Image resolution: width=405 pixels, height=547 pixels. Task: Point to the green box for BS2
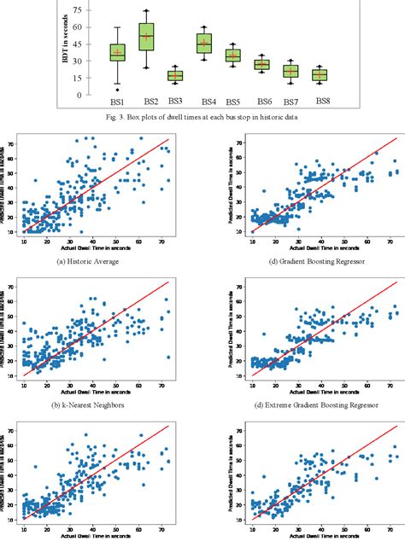click(x=147, y=37)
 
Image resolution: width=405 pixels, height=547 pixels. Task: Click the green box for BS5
click(x=232, y=55)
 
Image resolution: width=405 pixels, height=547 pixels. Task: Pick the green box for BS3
click(x=175, y=75)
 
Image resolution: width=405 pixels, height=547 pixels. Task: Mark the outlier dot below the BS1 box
click(x=118, y=90)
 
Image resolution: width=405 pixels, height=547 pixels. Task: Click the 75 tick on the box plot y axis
click(x=78, y=10)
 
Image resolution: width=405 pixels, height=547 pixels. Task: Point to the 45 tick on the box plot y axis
click(x=78, y=44)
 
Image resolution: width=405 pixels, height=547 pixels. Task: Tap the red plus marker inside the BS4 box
click(x=204, y=40)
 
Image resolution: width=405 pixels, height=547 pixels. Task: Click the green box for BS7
click(x=291, y=71)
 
